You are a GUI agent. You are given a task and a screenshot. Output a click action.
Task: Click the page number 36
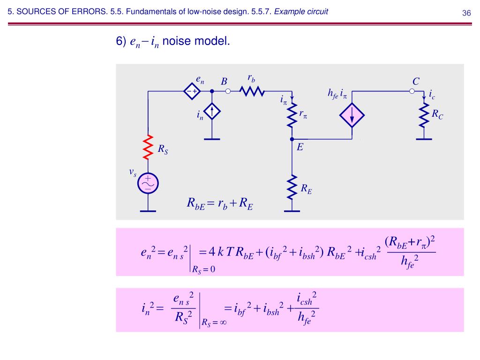point(466,13)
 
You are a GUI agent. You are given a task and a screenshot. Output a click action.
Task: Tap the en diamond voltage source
point(192,91)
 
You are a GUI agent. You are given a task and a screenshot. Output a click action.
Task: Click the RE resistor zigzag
point(292,187)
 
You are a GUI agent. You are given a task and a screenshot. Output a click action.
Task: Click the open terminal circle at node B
point(228,91)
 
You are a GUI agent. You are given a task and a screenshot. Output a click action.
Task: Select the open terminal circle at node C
point(412,91)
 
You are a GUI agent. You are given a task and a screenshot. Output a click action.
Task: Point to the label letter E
point(300,147)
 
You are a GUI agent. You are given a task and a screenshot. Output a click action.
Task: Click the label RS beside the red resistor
point(163,150)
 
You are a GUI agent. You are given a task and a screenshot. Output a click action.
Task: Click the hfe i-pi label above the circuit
point(337,94)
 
